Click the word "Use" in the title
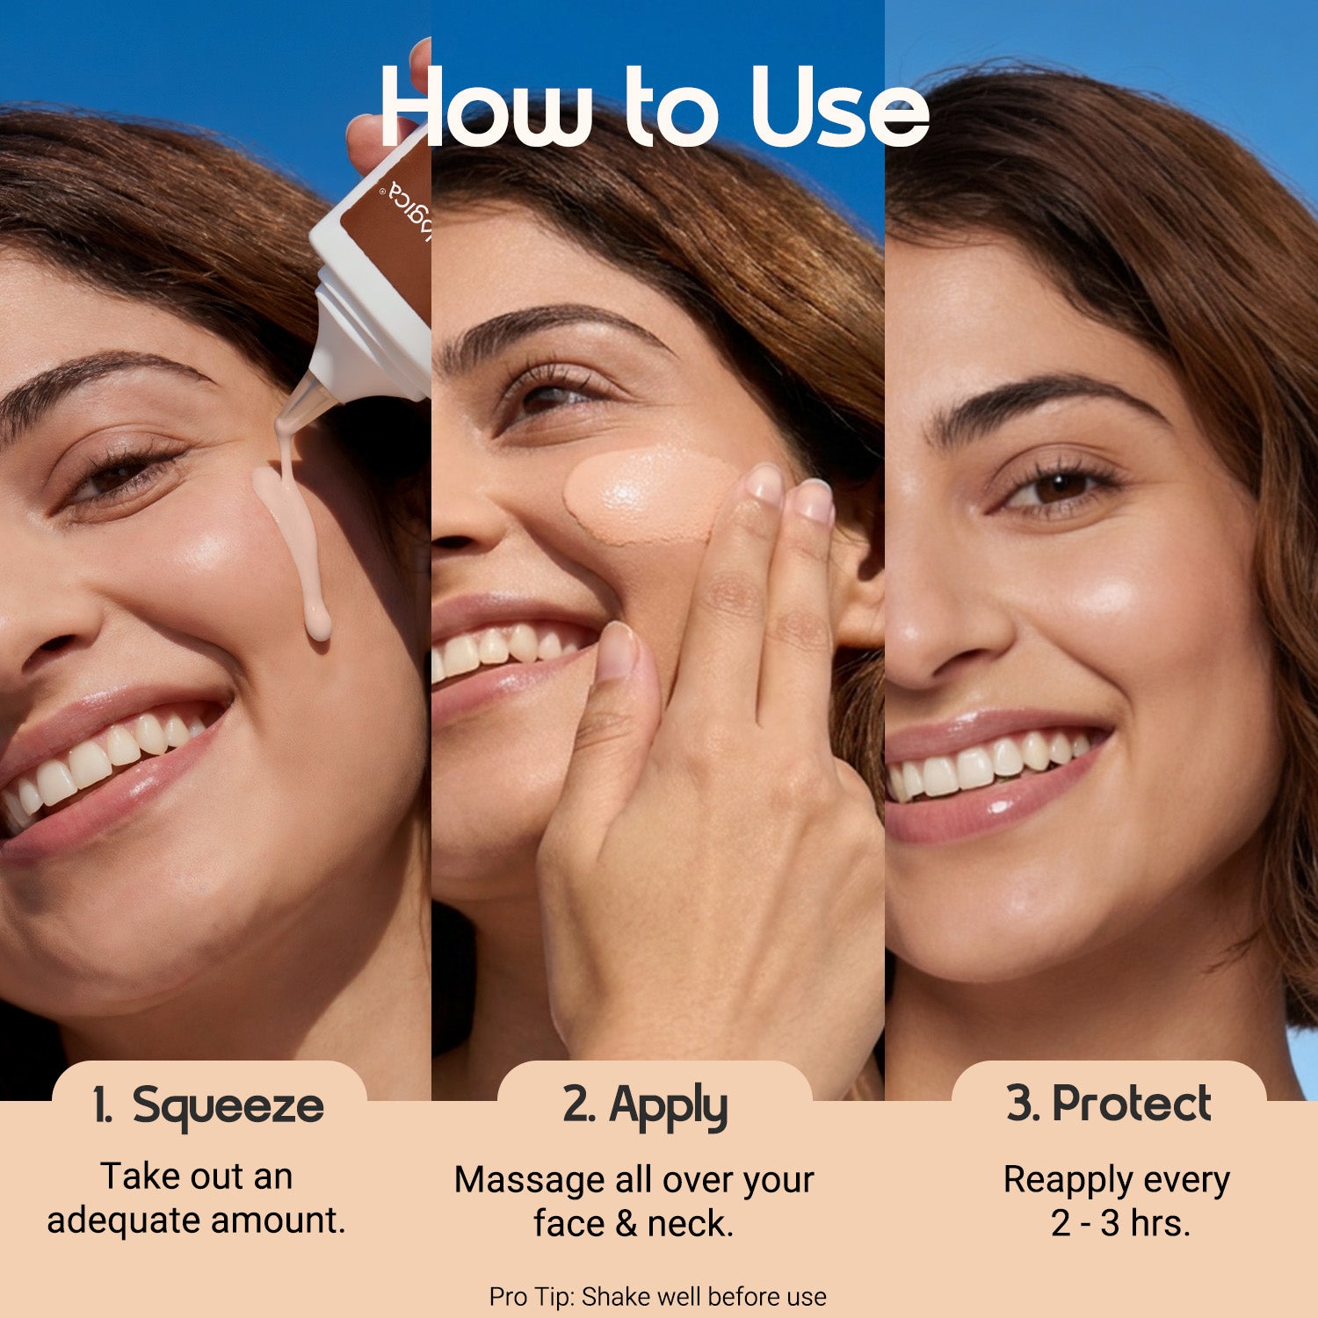click(839, 106)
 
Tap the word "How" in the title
click(486, 106)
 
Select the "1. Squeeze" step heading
click(208, 1106)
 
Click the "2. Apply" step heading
click(645, 1106)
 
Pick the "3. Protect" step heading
click(1109, 1104)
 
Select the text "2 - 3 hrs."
click(1120, 1223)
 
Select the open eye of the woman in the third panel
click(1059, 487)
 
